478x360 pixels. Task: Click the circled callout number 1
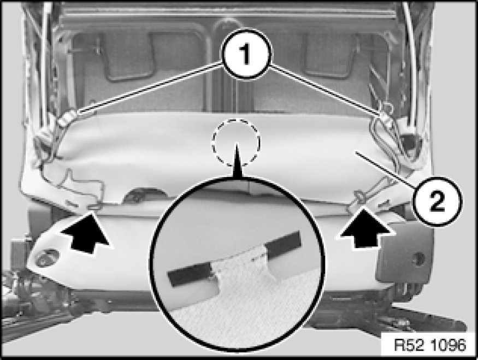[246, 54]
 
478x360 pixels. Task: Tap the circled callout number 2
[438, 201]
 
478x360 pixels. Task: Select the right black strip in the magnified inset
[284, 244]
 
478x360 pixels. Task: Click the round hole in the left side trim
[46, 257]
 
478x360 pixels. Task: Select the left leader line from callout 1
[150, 87]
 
